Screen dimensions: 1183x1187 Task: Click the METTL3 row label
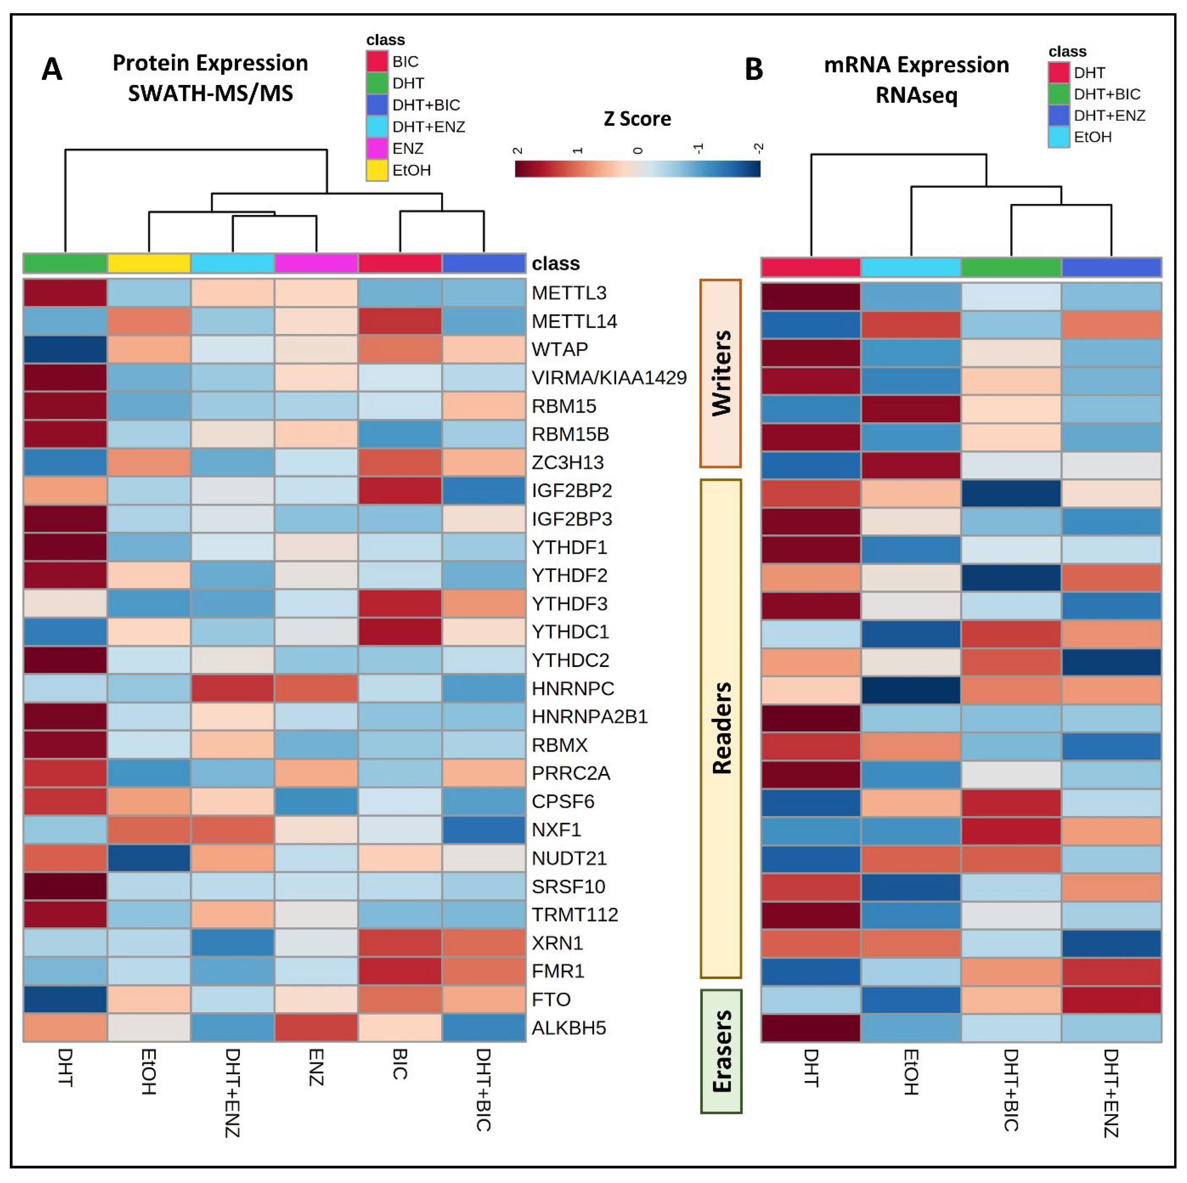coord(568,293)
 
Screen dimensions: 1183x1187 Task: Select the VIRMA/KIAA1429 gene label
coord(608,378)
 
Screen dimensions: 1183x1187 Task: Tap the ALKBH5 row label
coord(568,1028)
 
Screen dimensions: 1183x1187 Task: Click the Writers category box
coord(721,373)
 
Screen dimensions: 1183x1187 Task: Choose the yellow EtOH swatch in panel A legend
coord(377,170)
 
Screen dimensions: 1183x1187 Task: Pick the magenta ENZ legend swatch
coord(377,149)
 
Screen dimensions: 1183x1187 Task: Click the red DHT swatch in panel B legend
coord(1059,72)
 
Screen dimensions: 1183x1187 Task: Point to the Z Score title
coord(637,118)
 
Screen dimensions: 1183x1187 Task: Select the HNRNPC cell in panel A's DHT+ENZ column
coord(232,688)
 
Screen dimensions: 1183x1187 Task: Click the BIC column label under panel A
coord(399,1064)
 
